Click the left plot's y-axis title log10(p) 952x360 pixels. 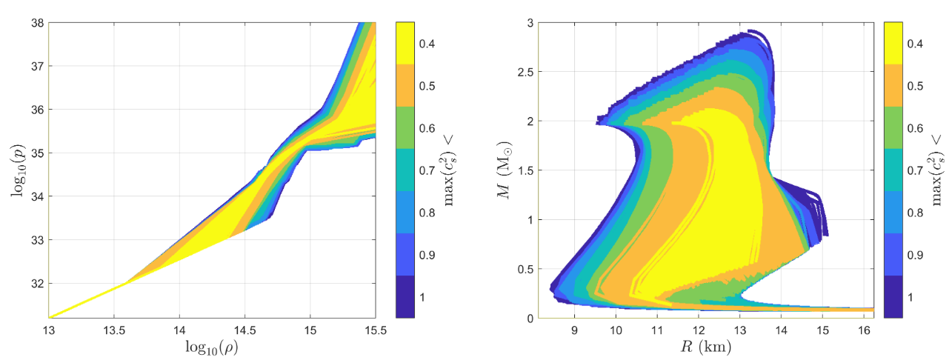pyautogui.click(x=16, y=170)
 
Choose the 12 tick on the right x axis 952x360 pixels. pyautogui.click(x=698, y=328)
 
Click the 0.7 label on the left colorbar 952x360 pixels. pyautogui.click(x=427, y=170)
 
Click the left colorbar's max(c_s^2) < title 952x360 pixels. pyautogui.click(x=450, y=170)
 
